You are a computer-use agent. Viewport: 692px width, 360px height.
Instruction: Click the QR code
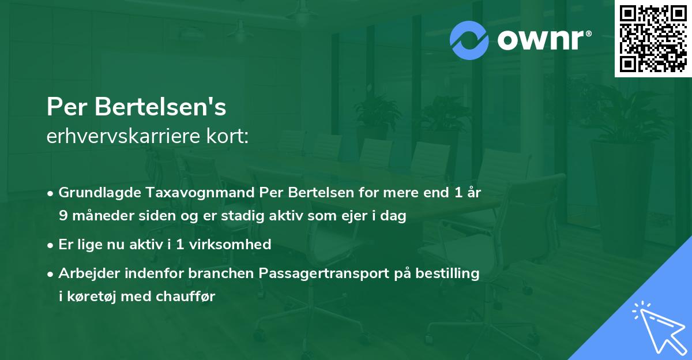tap(653, 38)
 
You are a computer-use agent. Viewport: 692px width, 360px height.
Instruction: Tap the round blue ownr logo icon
tap(470, 40)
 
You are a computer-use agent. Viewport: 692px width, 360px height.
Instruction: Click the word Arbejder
tap(88, 273)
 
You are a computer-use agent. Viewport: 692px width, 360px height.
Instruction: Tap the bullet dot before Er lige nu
tap(51, 245)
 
